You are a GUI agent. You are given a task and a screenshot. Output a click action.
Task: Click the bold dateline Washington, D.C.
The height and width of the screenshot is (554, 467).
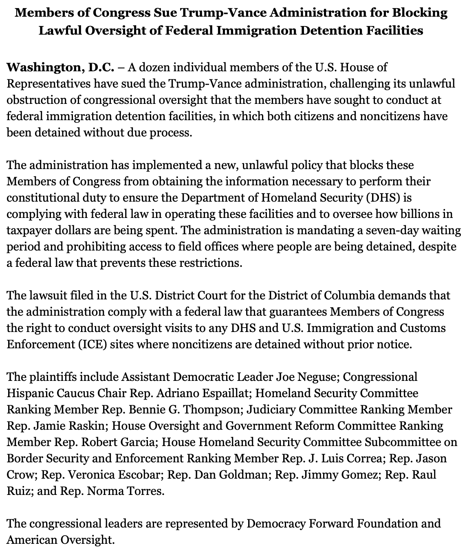pyautogui.click(x=60, y=67)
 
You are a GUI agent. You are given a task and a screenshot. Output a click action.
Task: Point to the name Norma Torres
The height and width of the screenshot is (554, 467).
pyautogui.click(x=125, y=491)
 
